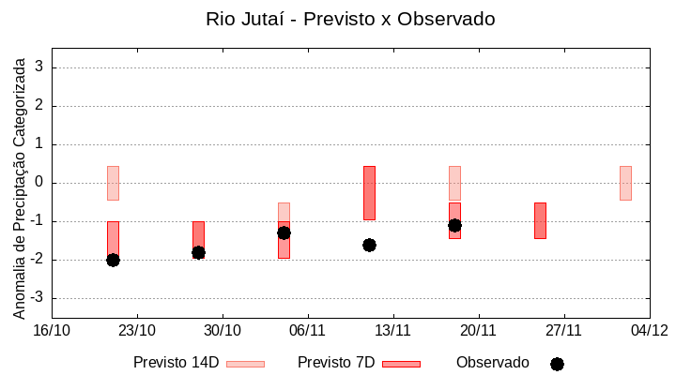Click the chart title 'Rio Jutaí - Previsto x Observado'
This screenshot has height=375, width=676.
[x=350, y=19]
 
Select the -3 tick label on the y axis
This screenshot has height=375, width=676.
[x=38, y=298]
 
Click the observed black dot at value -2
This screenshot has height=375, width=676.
[x=113, y=260]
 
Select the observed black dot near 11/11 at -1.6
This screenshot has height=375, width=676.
[x=369, y=245]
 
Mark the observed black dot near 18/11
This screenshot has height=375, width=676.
[x=454, y=225]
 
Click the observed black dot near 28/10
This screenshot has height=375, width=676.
[x=198, y=252]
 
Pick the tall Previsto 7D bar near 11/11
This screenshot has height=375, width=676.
[x=369, y=192]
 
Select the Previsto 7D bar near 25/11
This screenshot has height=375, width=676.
[x=540, y=220]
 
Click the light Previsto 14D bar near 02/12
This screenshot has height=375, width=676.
[x=625, y=183]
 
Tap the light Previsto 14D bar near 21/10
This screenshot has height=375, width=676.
[x=113, y=183]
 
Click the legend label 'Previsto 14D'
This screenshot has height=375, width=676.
[x=176, y=363]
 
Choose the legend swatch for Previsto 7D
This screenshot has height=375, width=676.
[x=401, y=364]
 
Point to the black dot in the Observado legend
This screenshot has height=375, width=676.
[x=557, y=364]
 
